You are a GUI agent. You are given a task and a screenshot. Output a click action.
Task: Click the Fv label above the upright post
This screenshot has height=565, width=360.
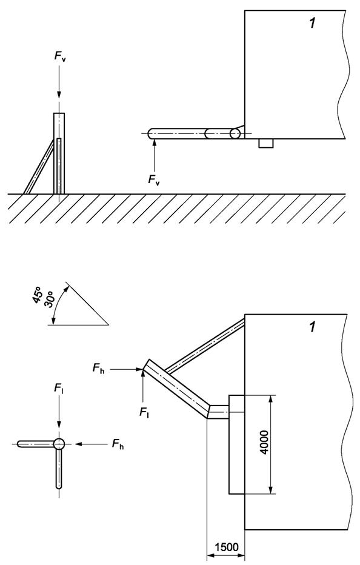point(60,56)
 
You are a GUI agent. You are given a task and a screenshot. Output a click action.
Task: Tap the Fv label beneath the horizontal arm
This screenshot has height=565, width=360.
point(154,180)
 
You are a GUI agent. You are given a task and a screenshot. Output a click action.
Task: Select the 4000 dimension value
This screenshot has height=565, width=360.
point(264,442)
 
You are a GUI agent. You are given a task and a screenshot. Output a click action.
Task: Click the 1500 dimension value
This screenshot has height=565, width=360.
point(227,547)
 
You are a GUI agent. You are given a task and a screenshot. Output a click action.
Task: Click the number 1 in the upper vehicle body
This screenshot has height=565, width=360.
point(312,24)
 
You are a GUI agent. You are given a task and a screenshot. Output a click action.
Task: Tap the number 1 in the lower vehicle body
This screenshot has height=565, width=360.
point(312,327)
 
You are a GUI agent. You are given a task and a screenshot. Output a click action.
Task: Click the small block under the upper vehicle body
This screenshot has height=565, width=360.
point(266,143)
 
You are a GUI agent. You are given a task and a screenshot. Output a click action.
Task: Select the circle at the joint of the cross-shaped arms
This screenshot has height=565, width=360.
point(59,444)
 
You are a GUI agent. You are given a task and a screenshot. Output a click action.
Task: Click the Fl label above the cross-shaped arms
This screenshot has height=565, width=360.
point(59,389)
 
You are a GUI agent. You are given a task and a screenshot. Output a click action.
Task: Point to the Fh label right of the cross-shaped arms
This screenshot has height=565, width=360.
point(118,444)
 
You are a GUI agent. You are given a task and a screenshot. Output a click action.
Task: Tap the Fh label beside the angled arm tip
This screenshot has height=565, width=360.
point(98,369)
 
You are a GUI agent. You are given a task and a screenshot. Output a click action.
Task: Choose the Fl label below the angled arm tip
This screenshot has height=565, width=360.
point(144,412)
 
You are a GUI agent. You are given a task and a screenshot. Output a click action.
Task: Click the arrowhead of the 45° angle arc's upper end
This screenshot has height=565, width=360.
point(65,289)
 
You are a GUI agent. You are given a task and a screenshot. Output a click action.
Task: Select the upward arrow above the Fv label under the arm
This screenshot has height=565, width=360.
point(155,155)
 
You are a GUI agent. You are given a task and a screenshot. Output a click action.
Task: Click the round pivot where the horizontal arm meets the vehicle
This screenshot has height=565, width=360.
point(235,134)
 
